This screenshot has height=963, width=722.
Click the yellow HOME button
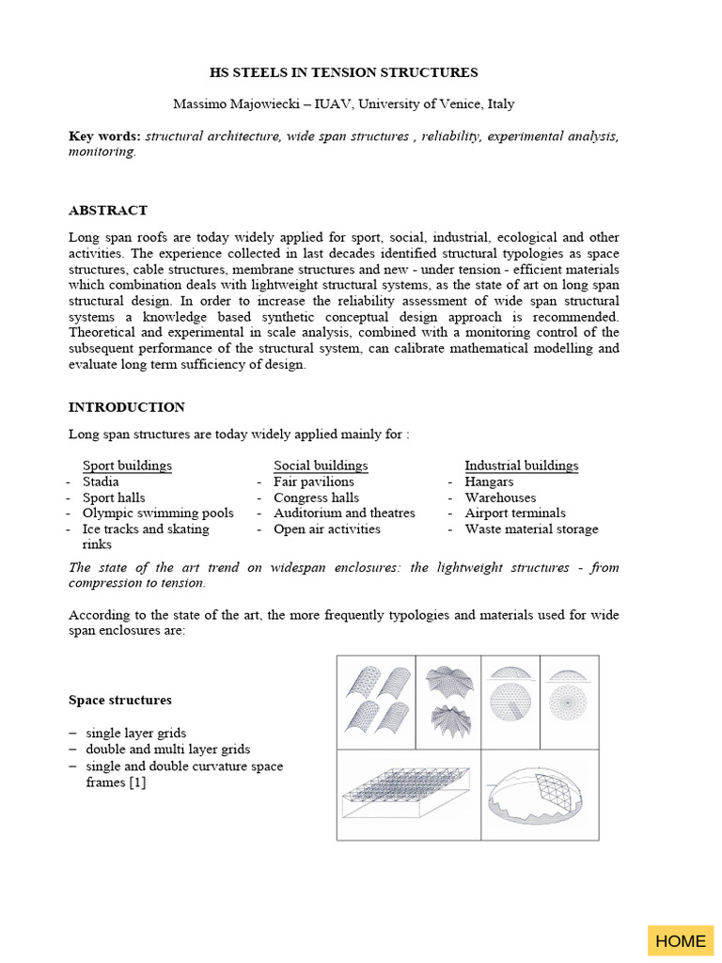coord(680,940)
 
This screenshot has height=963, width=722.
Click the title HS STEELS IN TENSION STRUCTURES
coord(343,72)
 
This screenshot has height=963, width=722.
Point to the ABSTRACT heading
coord(108,210)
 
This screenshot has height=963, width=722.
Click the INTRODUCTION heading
coord(127,407)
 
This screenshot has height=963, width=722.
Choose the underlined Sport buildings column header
coord(127,466)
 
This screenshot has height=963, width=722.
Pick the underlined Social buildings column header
coord(321,466)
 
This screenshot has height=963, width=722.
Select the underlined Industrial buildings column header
coord(522,466)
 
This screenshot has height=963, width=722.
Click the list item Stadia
coord(102,481)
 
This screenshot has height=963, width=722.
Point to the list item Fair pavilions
coord(314,481)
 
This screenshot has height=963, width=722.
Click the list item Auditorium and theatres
coord(344,513)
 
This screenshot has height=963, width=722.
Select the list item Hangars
coord(489,481)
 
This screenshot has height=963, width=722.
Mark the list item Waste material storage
coord(531,529)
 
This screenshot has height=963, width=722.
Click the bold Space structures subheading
coord(120,700)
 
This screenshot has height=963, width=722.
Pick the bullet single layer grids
coord(135,733)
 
